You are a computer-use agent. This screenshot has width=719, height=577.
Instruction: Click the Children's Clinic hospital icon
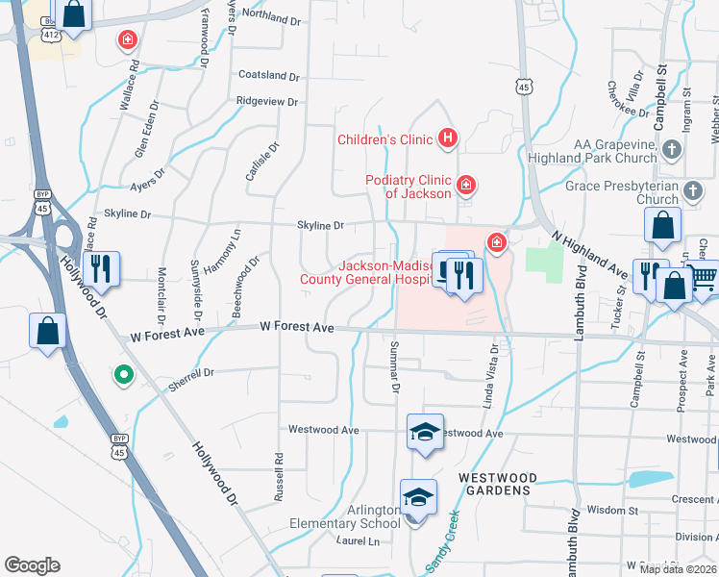(447, 139)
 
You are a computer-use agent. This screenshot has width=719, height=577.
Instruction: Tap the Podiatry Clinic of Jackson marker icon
(465, 184)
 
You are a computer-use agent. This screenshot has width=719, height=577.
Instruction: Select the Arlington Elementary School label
(346, 516)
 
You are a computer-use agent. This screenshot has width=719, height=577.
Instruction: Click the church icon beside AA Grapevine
(672, 149)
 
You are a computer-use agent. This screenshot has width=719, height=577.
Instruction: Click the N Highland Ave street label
(589, 256)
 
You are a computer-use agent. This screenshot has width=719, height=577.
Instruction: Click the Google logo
(32, 565)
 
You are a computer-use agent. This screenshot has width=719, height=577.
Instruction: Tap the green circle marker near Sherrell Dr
(123, 375)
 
